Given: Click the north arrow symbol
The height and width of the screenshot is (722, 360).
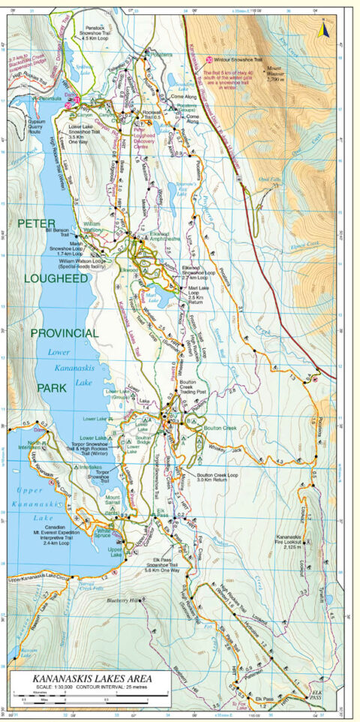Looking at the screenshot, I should tap(324, 30).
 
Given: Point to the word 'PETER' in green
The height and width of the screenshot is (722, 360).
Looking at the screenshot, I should tap(37, 224).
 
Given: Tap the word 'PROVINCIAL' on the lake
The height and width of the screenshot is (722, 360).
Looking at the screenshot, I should tap(64, 332).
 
